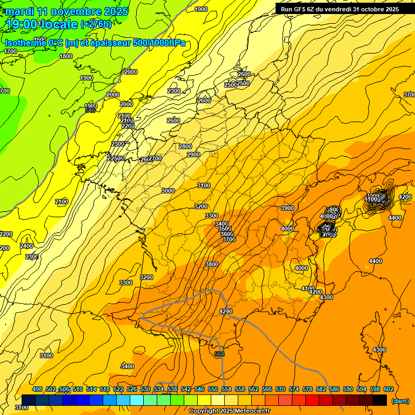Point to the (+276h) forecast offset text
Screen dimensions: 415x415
96,24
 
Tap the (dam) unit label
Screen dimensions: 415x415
400,401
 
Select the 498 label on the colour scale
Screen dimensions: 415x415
37,389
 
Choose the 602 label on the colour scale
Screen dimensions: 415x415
389,389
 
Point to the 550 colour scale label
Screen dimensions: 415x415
213,389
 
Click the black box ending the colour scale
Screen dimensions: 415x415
380,400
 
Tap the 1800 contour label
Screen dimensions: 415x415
66,56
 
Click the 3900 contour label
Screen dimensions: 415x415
287,208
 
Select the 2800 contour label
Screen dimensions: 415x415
185,146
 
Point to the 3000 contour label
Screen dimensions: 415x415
168,191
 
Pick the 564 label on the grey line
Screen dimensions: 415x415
219,354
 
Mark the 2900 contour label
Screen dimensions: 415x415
193,155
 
